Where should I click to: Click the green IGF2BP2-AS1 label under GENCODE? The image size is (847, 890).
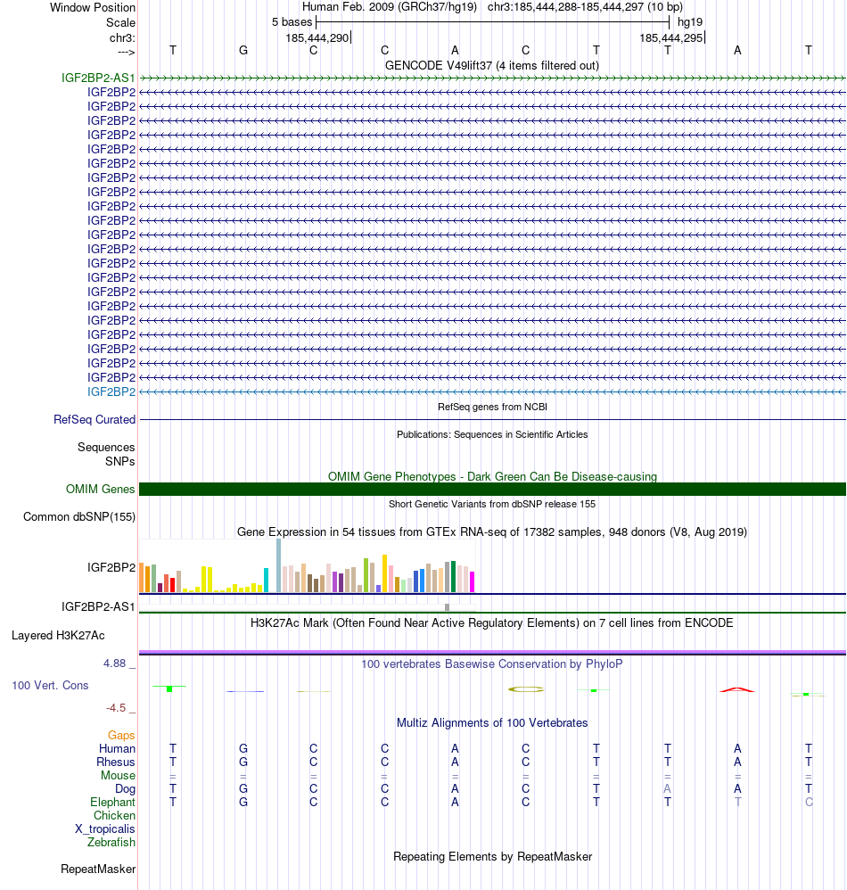click(98, 78)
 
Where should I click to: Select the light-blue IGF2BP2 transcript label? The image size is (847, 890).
click(111, 391)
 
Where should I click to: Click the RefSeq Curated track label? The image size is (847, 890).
click(95, 419)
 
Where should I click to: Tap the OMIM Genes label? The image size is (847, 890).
click(101, 489)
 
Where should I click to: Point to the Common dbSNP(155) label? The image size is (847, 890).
click(79, 516)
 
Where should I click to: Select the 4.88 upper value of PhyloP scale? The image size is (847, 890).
click(115, 663)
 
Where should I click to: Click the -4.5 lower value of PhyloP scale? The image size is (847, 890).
click(116, 708)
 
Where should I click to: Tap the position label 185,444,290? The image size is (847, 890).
click(317, 38)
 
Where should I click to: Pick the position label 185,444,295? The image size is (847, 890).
click(670, 38)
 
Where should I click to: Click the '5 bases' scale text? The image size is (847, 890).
click(292, 21)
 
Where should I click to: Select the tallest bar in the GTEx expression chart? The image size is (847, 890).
click(279, 564)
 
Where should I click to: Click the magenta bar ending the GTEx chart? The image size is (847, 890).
click(473, 581)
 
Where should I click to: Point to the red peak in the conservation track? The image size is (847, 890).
click(737, 689)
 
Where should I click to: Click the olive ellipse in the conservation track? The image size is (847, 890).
click(525, 688)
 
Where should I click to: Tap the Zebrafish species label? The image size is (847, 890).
click(111, 842)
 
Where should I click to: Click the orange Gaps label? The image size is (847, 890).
click(121, 735)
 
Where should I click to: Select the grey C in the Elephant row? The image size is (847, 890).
click(808, 802)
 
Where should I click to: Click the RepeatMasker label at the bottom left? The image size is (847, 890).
click(98, 869)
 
